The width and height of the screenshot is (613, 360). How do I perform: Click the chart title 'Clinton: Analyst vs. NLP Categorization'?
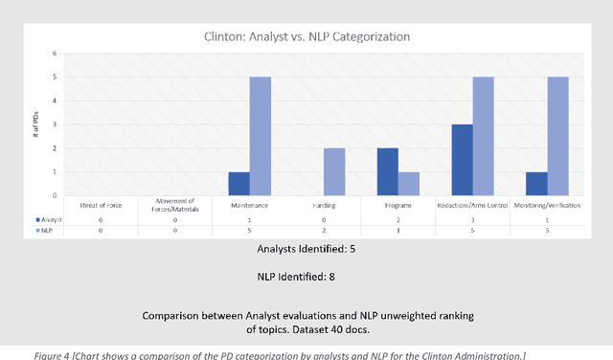[307, 37]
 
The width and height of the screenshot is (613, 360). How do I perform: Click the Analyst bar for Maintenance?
[238, 184]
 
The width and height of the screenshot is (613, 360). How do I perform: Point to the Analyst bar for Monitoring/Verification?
[537, 184]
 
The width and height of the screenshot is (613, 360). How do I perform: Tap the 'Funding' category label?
[323, 205]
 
